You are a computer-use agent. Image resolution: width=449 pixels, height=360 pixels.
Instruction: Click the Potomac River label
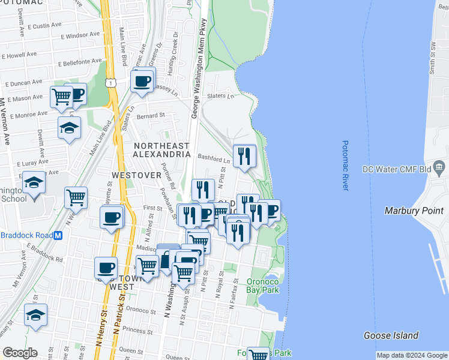(346, 166)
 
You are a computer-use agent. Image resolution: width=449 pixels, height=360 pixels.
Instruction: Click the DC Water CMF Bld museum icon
(439, 166)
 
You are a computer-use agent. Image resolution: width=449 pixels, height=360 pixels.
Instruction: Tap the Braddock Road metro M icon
(58, 236)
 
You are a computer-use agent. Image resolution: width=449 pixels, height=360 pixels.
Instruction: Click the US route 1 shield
(110, 83)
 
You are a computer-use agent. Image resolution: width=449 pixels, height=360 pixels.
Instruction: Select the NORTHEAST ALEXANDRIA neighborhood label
(161, 150)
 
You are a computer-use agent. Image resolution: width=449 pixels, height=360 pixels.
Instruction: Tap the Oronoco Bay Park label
(263, 286)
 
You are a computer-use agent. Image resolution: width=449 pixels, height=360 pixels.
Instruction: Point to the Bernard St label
(150, 116)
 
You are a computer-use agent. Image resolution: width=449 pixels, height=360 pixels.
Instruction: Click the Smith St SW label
(432, 58)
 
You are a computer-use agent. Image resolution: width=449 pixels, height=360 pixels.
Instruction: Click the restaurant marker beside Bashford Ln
(244, 157)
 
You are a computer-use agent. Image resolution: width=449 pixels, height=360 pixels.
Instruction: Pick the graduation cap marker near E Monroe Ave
(70, 127)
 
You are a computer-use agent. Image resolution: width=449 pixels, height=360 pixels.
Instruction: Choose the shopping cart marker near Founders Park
(259, 355)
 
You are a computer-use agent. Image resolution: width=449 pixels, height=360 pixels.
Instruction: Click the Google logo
(19, 353)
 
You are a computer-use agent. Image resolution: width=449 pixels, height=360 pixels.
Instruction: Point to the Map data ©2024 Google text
(412, 355)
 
